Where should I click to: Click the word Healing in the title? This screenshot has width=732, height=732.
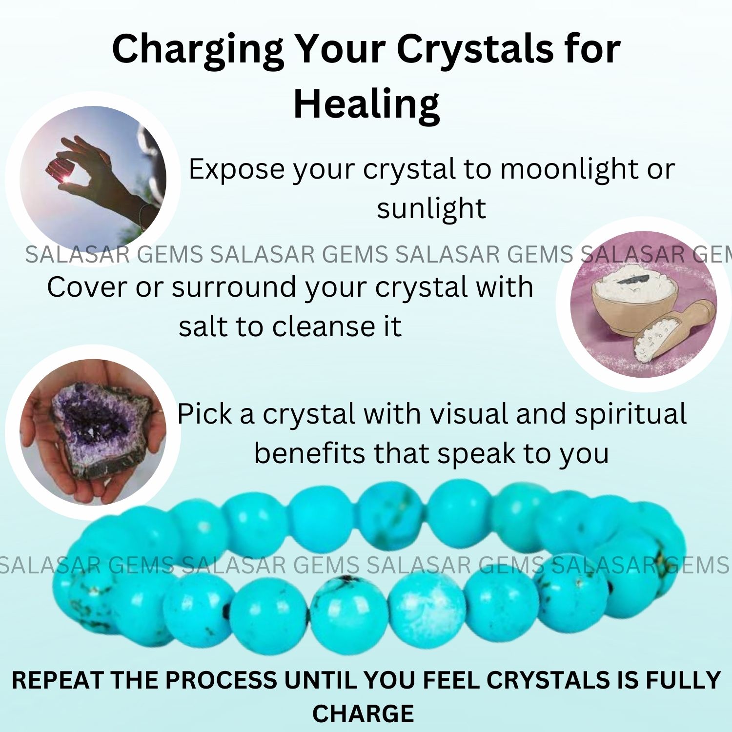click(x=366, y=104)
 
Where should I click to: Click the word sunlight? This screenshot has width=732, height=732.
click(x=431, y=208)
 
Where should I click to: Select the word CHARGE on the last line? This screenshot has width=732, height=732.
click(x=363, y=713)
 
